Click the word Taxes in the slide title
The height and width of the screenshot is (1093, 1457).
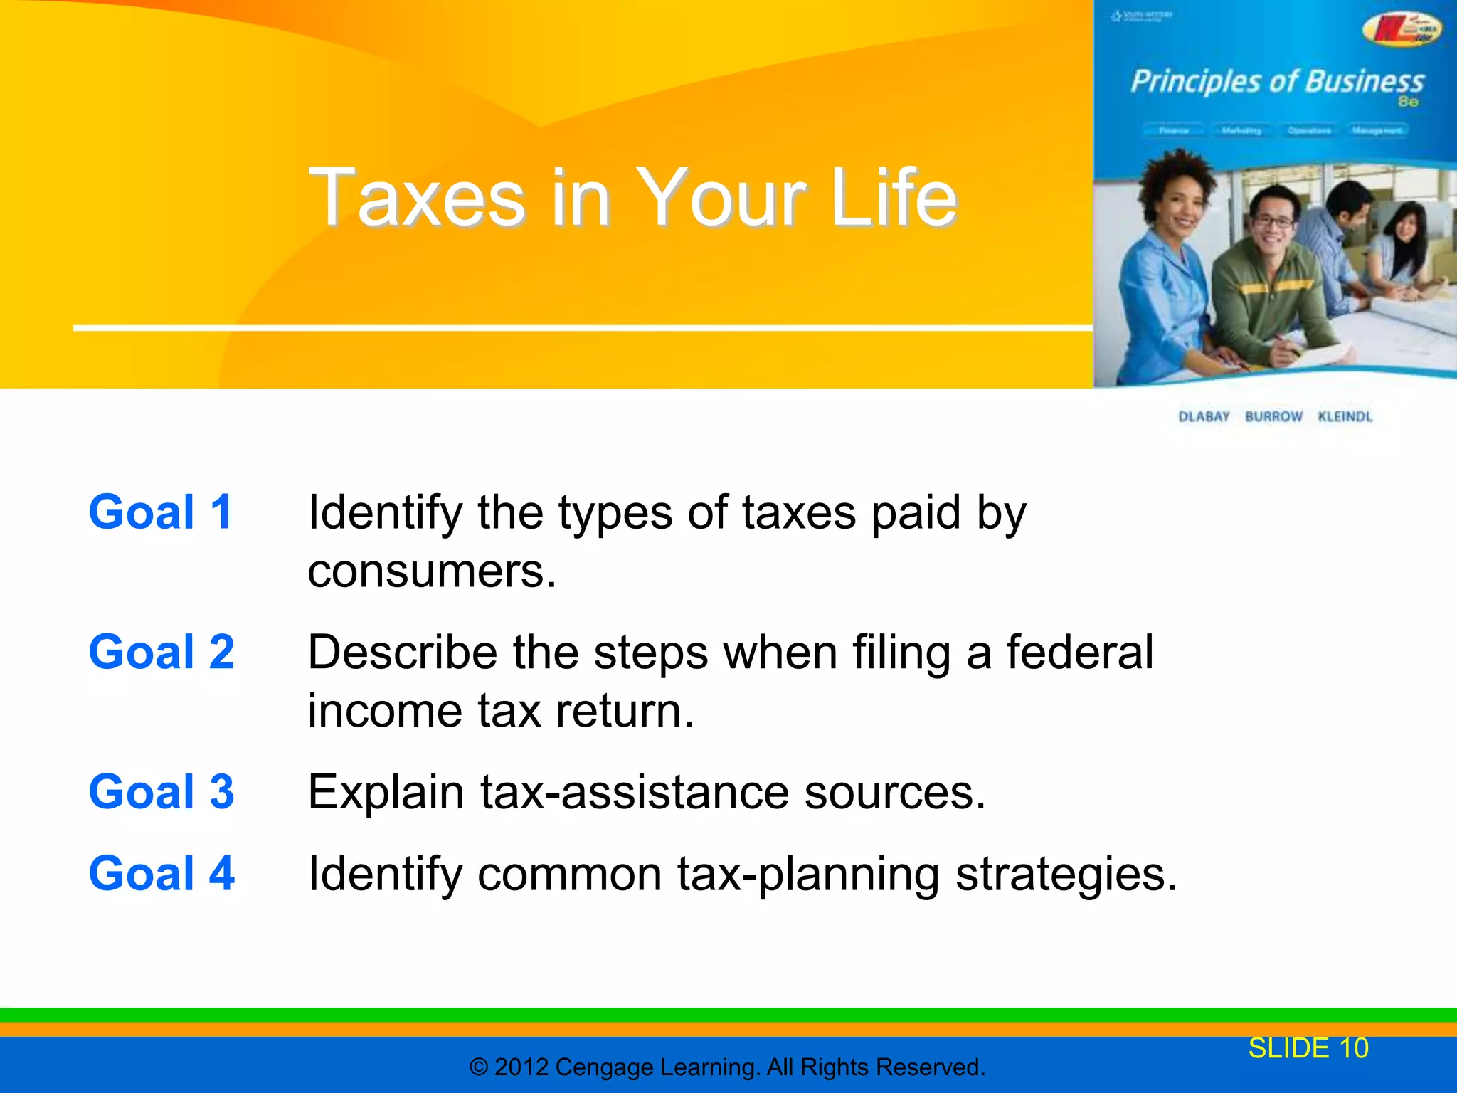pos(416,198)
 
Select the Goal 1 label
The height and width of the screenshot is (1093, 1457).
pos(161,512)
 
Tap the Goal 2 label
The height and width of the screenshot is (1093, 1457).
pos(161,652)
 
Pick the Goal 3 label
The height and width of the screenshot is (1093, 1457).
pos(161,791)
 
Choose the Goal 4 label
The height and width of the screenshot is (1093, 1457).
pos(161,873)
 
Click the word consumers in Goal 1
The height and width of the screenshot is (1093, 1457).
pos(431,571)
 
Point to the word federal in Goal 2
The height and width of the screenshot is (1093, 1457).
pos(1079,652)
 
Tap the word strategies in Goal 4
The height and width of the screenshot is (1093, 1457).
pos(1066,875)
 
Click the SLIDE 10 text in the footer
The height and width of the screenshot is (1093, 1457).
pos(1308,1048)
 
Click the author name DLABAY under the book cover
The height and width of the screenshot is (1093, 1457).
pos(1204,416)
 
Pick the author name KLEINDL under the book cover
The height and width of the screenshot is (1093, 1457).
pos(1345,416)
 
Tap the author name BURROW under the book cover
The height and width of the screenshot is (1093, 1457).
pos(1273,416)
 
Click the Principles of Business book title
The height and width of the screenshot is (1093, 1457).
pos(1278,82)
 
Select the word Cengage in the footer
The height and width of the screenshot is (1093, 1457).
pos(605,1067)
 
